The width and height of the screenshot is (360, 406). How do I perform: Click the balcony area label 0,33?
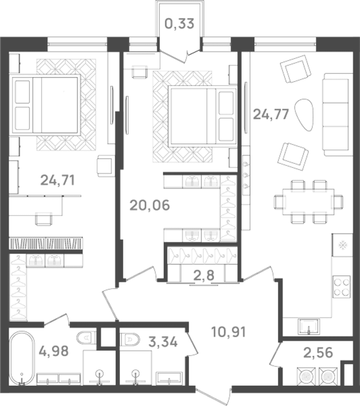(x=179, y=24)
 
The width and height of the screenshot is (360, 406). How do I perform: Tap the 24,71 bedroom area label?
(x=57, y=180)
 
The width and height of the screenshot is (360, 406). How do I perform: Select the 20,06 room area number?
(x=150, y=205)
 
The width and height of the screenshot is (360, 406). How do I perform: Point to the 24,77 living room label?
(x=271, y=114)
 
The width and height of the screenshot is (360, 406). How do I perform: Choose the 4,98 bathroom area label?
(x=54, y=351)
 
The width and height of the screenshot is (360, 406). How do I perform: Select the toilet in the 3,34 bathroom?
(x=130, y=339)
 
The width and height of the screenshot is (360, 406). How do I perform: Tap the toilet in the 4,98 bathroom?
(x=86, y=338)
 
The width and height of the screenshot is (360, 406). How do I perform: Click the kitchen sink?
(x=309, y=326)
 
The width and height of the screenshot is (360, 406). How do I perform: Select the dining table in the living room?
(x=308, y=202)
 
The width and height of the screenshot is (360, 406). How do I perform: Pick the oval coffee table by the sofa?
(x=303, y=115)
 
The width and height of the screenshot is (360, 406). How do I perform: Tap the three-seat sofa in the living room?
(x=338, y=114)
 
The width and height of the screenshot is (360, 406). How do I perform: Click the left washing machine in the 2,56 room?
(x=306, y=377)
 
